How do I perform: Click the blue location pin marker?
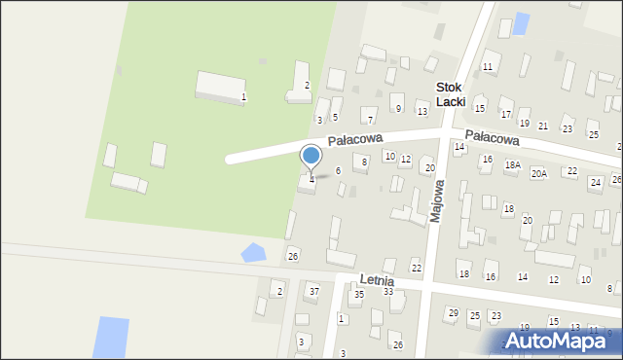pos(311,156)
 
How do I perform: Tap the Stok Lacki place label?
pos(451,93)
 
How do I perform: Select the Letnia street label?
pos(376,280)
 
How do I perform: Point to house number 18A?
pos(513,165)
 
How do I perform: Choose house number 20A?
pos(538,173)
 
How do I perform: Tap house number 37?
pos(313,291)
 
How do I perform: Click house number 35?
pos(358,294)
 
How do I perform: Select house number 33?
pos(387,291)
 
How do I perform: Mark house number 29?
pos(453,312)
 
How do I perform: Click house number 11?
pos(488,66)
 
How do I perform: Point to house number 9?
pos(398,108)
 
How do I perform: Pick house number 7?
pos(370,120)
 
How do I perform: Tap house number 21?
pos(543,126)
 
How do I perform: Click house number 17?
pos(505,114)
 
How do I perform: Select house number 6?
pos(338,170)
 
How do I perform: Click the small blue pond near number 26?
pos(252,253)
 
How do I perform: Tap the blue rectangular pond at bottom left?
pos(110,337)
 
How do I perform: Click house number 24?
pos(595,182)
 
